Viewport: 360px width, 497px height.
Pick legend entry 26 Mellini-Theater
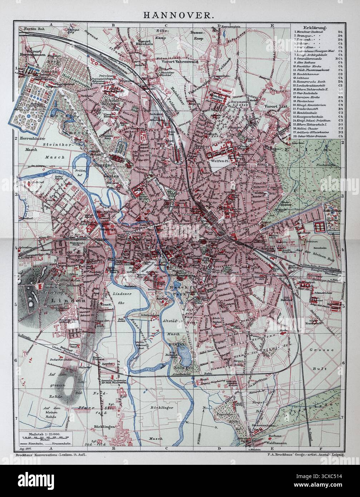point(311,128)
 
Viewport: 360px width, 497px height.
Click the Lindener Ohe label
point(125,299)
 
